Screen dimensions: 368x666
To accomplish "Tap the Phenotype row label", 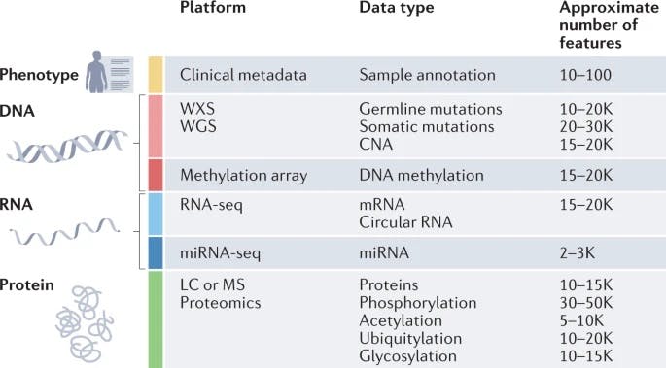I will [38, 74].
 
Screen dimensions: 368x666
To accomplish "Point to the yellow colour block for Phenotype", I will [155, 74].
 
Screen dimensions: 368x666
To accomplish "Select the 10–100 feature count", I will [587, 74].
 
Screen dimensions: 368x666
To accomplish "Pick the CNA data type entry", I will [375, 145].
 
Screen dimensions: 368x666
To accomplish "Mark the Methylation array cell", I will [243, 176].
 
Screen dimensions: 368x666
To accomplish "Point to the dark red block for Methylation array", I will [155, 176].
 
